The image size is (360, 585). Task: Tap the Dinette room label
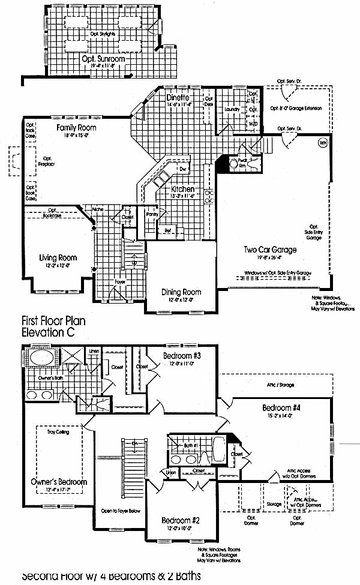[178, 97]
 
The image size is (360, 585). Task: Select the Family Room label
[76, 128]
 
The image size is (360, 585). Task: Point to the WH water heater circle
[323, 143]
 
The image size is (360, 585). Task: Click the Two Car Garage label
[269, 250]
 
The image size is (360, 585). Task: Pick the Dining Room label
[181, 292]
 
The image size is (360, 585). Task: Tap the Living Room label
[58, 258]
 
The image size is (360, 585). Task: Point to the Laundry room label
[232, 110]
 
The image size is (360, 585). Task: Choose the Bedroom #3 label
[181, 355]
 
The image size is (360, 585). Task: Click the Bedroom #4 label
[281, 408]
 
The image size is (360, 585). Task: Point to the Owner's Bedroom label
[59, 481]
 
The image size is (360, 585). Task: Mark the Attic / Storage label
[280, 385]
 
